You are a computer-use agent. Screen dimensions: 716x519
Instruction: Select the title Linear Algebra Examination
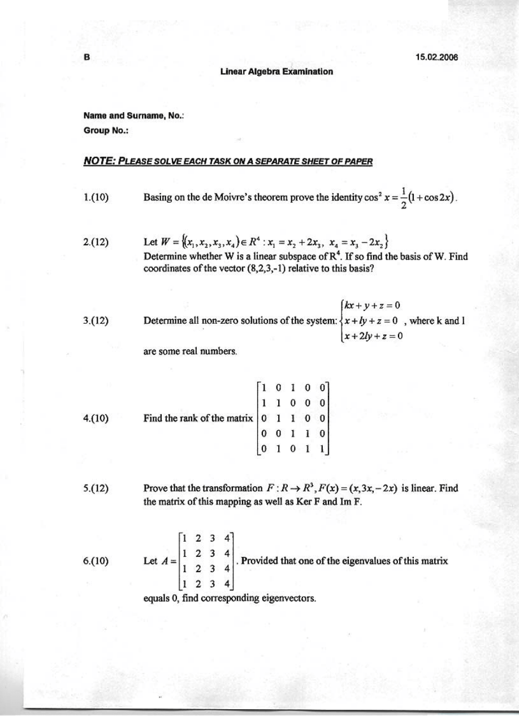pyautogui.click(x=276, y=71)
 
